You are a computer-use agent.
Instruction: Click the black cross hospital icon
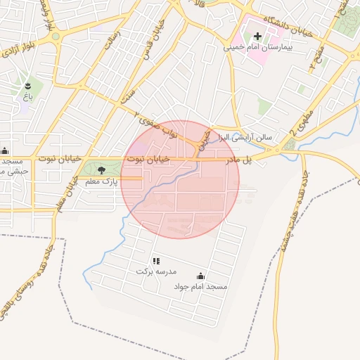(257, 36)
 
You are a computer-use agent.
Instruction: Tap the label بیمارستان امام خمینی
(257, 49)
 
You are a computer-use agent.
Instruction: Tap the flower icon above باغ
(28, 82)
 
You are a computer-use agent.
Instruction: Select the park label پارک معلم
(100, 182)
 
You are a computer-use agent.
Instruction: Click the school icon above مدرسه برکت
(155, 261)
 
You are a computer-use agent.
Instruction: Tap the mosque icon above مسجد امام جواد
(201, 276)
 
